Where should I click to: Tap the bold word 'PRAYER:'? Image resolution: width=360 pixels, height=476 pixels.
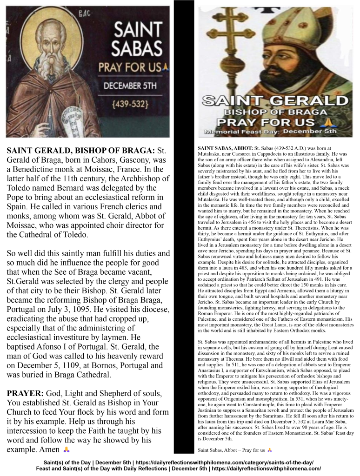click(26, 394)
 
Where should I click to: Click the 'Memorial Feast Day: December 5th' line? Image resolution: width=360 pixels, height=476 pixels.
click(272, 132)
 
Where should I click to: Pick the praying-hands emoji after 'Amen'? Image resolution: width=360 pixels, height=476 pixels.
click(66, 450)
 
